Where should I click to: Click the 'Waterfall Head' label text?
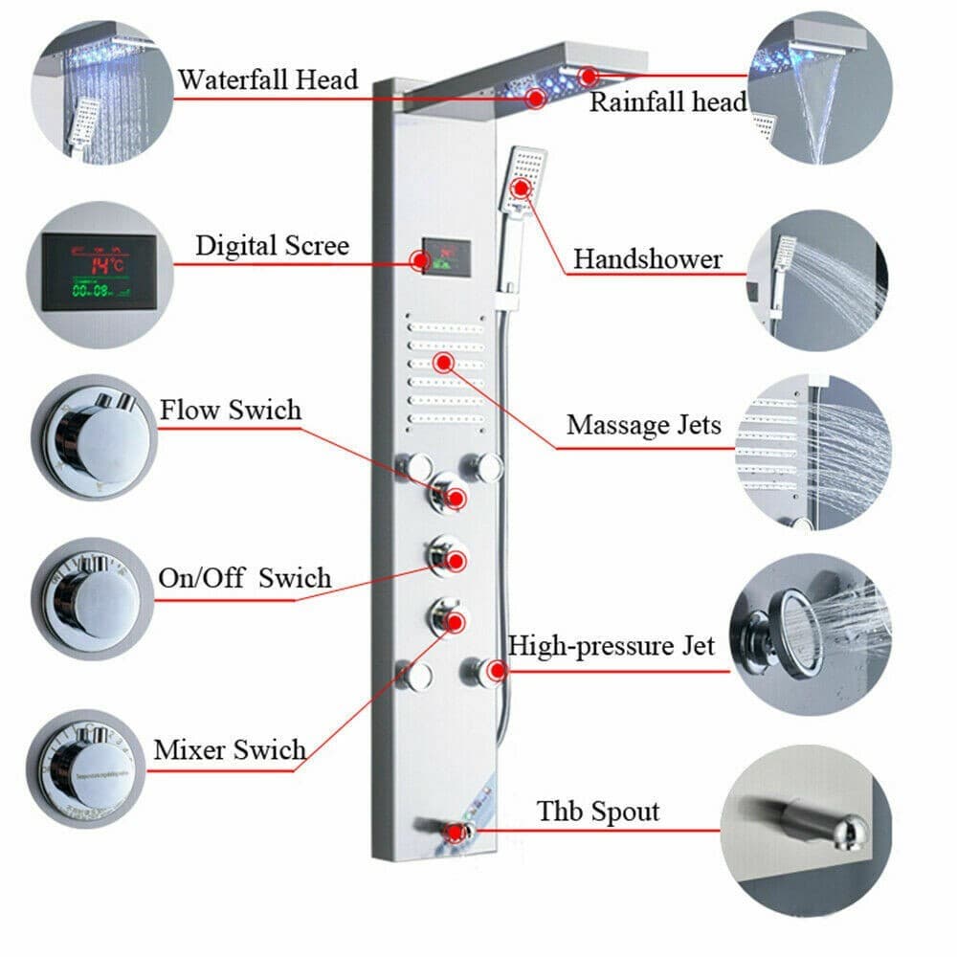267,79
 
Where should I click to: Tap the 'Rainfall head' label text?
667,102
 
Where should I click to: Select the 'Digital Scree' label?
273,245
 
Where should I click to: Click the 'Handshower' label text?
648,258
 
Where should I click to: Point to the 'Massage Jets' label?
644,424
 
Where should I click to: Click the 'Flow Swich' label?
231,412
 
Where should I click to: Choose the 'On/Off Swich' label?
244,579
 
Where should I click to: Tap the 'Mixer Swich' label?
230,749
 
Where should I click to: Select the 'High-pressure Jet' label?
611,646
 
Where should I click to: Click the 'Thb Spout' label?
598,812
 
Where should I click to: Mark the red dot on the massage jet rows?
443,362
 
